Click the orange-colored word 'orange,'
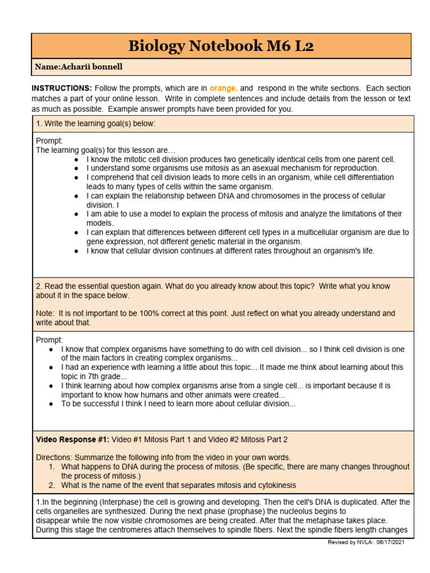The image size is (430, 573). pyautogui.click(x=223, y=88)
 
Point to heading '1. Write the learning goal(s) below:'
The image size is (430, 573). pyautogui.click(x=95, y=124)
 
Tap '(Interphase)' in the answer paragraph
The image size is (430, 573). pyautogui.click(x=100, y=502)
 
